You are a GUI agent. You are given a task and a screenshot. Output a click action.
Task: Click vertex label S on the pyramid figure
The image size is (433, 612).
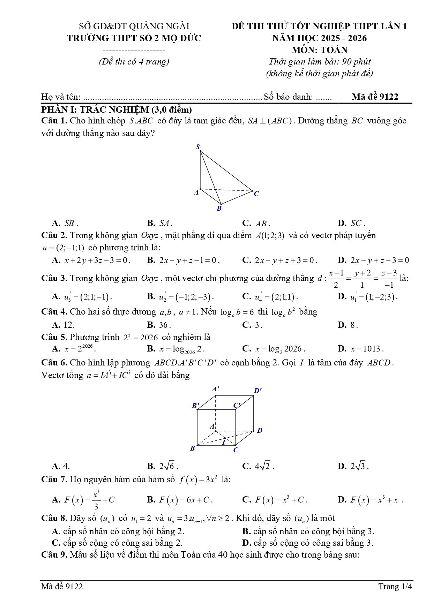[x=198, y=147]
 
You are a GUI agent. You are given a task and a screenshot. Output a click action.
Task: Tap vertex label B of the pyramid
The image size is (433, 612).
[x=219, y=209]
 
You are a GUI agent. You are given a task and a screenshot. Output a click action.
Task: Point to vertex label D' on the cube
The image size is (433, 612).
[x=258, y=391]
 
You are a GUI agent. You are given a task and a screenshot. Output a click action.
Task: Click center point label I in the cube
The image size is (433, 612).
[x=224, y=442]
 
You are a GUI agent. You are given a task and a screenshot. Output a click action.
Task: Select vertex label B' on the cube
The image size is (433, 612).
[x=195, y=406]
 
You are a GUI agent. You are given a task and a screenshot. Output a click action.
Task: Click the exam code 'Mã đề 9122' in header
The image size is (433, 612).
[x=375, y=97]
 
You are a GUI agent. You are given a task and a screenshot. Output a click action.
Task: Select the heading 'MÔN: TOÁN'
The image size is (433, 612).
[x=319, y=50]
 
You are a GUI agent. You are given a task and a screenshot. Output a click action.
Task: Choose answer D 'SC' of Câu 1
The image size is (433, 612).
[x=351, y=223]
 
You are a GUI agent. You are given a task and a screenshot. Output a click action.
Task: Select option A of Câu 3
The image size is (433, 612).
[x=82, y=297]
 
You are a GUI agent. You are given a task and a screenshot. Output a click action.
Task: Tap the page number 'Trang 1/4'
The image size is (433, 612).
[x=395, y=587]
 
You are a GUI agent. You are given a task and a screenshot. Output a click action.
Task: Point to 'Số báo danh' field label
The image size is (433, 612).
[x=288, y=97]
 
